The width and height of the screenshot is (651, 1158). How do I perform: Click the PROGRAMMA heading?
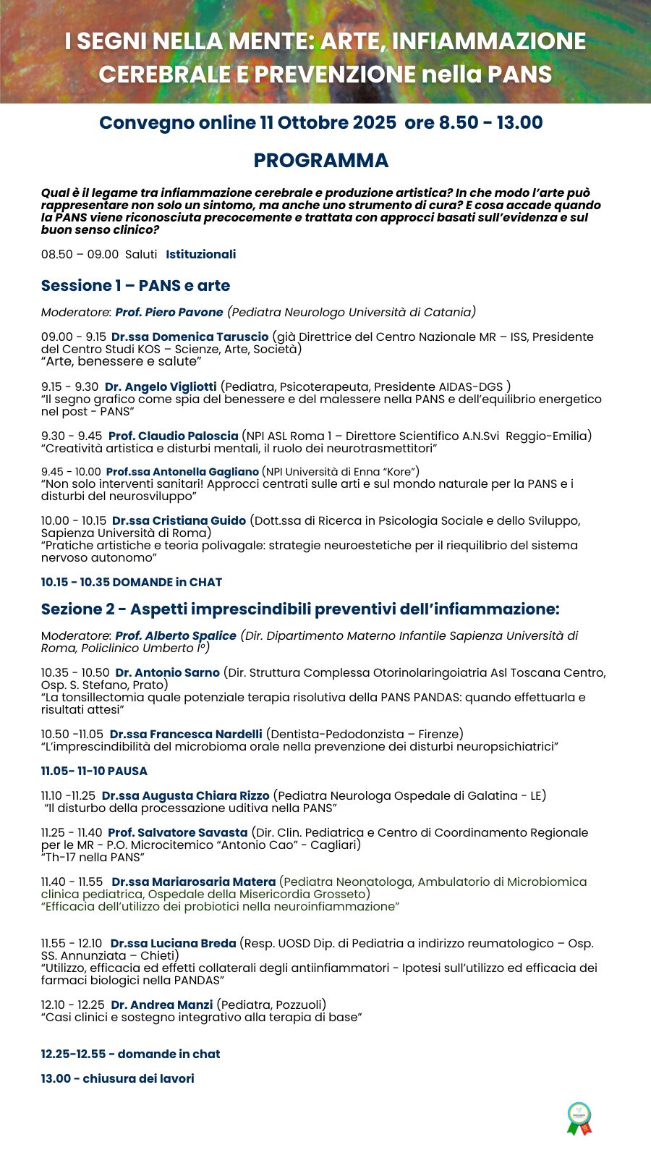coord(321,161)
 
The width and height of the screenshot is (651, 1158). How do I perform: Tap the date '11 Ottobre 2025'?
coord(328,123)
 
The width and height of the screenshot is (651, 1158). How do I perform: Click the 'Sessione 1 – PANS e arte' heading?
coord(135,286)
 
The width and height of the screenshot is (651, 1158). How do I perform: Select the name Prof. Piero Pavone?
coord(169,313)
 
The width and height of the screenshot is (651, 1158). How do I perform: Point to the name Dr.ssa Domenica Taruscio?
coord(190,337)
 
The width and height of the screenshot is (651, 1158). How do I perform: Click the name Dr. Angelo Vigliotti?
coord(161,387)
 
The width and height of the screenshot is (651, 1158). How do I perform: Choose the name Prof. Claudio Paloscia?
coord(173,436)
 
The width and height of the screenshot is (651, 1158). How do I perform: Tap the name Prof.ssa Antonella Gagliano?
coord(182,472)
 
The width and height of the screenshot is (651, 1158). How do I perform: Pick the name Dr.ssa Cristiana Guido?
coord(179,521)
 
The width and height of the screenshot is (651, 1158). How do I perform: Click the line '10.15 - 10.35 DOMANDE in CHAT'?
coord(132,583)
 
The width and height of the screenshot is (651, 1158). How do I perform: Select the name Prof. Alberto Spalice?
coord(176,636)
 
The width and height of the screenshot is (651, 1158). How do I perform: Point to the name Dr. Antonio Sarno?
coord(167,673)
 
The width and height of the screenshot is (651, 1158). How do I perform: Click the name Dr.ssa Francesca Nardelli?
coord(186,735)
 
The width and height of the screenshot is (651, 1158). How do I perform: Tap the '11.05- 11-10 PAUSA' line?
coord(94,772)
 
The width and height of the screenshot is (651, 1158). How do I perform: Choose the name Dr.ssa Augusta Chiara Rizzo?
coord(185,796)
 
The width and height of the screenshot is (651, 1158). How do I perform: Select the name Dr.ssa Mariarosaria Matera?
coord(193,882)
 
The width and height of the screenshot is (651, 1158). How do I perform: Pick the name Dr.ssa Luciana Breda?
coord(173,944)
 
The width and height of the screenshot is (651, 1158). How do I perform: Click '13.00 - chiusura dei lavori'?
coord(117,1079)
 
